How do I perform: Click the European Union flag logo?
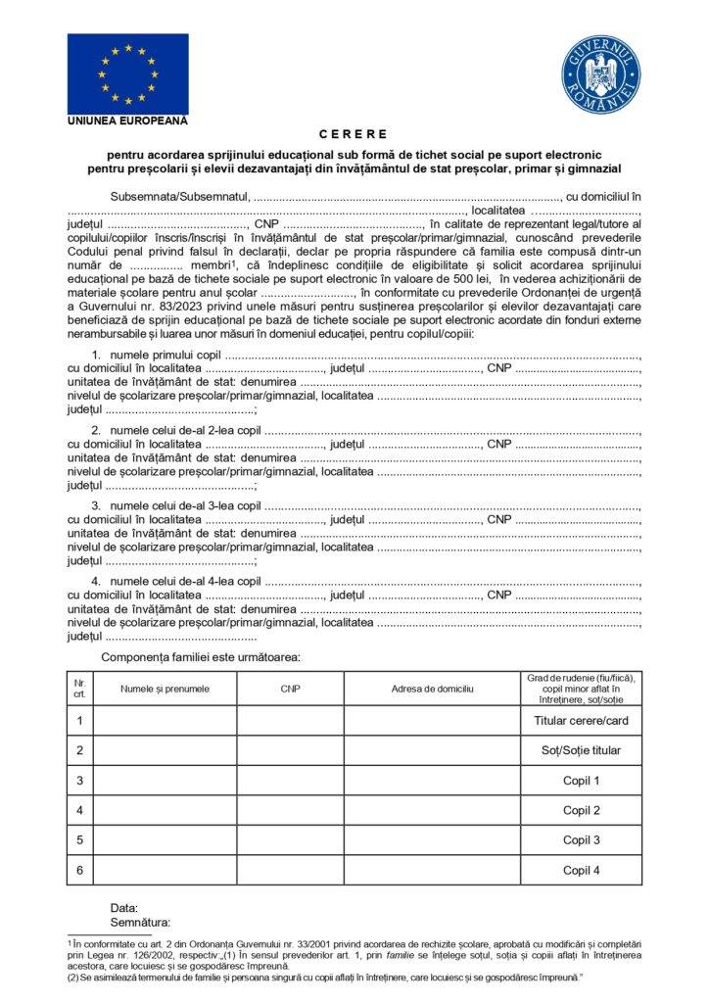pyautogui.click(x=127, y=73)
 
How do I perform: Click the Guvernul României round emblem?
pyautogui.click(x=600, y=74)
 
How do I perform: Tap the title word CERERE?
pyautogui.click(x=354, y=134)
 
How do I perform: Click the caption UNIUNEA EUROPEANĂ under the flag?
pyautogui.click(x=127, y=121)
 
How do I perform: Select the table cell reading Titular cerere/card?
pyautogui.click(x=581, y=721)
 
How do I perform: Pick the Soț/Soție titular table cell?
pyautogui.click(x=581, y=751)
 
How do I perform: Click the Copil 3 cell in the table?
pyautogui.click(x=581, y=839)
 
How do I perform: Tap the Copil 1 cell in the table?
pyautogui.click(x=581, y=781)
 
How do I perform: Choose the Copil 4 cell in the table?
pyautogui.click(x=581, y=870)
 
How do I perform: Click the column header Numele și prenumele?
pyautogui.click(x=165, y=689)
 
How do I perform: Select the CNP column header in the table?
pyautogui.click(x=290, y=689)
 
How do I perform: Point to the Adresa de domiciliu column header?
pyautogui.click(x=432, y=689)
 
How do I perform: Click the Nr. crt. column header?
pyautogui.click(x=80, y=689)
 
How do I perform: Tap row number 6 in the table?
pyautogui.click(x=80, y=870)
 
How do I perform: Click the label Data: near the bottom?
pyautogui.click(x=124, y=908)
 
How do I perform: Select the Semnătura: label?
pyautogui.click(x=140, y=922)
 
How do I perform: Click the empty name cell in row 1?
pyautogui.click(x=165, y=721)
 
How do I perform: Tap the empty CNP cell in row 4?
pyautogui.click(x=290, y=810)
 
